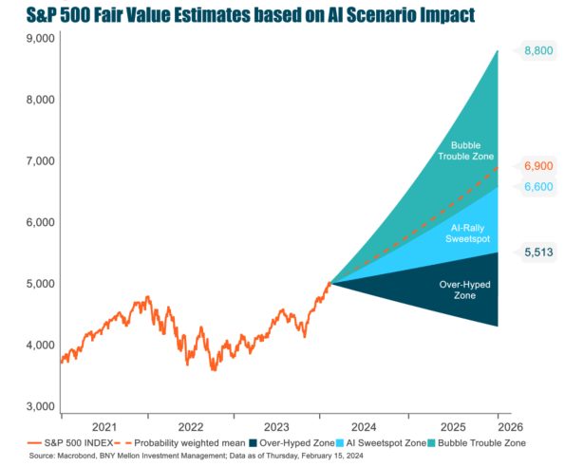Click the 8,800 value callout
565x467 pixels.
coord(538,50)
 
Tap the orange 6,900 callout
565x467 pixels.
coord(538,166)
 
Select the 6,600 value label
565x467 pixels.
coord(538,186)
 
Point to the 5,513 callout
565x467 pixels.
coord(538,252)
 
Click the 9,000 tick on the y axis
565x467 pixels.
coord(40,38)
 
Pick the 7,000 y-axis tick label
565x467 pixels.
coord(40,161)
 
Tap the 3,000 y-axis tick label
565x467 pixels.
coord(40,406)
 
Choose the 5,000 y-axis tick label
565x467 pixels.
coord(40,284)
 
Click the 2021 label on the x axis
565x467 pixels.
coord(104,427)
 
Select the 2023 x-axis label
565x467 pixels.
coord(276,427)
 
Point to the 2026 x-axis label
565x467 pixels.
coord(510,427)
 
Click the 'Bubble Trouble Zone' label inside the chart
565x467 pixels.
coord(465,151)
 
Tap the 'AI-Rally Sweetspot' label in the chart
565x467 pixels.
coord(467,233)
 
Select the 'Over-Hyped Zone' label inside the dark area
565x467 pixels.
coord(465,290)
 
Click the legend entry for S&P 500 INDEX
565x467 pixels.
coord(70,443)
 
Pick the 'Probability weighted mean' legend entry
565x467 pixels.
coord(179,443)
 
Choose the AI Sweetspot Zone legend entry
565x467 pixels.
coord(381,443)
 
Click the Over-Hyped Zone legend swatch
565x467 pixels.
coord(253,443)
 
